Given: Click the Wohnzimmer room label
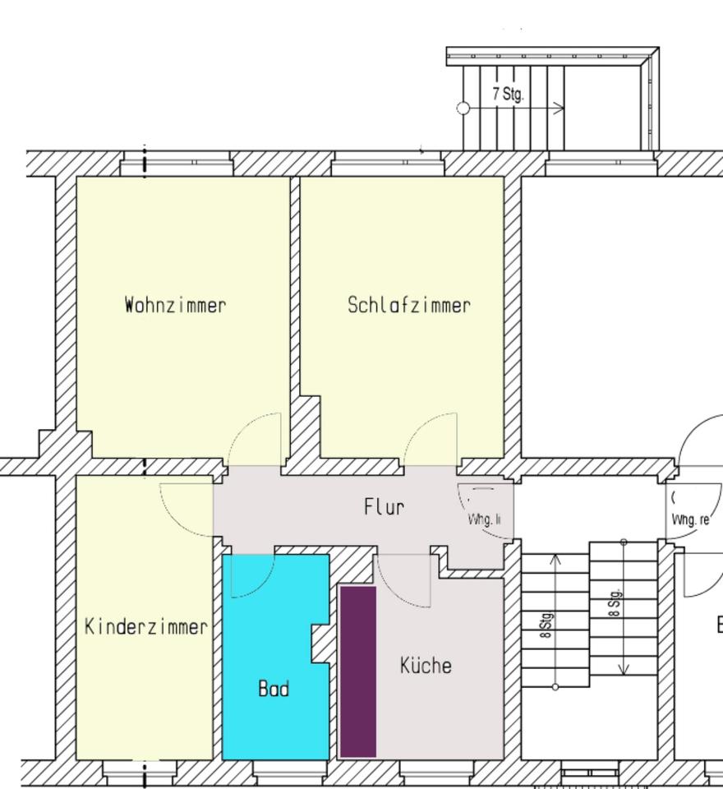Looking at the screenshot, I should (175, 305).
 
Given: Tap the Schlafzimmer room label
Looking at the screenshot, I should (409, 305).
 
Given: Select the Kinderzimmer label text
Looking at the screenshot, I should (145, 627).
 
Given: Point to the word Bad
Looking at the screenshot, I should (274, 688).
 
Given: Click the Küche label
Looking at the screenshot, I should (426, 665).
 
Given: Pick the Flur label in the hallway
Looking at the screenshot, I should (384, 507).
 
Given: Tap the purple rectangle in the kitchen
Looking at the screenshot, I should (358, 671).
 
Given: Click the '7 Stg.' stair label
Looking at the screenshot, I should (508, 94).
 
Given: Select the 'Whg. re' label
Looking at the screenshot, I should (690, 519).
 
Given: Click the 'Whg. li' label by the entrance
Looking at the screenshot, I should (484, 519).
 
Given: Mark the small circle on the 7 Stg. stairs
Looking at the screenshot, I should (463, 108).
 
